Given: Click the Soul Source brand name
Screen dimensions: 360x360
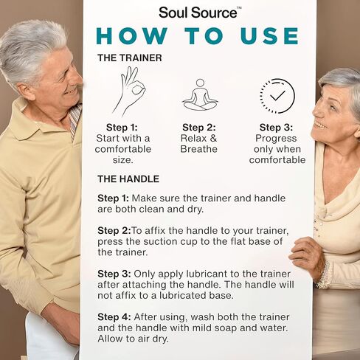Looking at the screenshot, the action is pyautogui.click(x=198, y=13).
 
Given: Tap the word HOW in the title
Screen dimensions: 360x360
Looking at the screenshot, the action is pyautogui.click(x=132, y=36).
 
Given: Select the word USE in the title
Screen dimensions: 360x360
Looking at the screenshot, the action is pyautogui.click(x=270, y=36).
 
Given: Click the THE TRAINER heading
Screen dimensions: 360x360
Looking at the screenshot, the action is pyautogui.click(x=130, y=58).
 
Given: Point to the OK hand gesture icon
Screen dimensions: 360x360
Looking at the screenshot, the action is pyautogui.click(x=129, y=91).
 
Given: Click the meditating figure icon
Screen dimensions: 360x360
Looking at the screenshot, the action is pyautogui.click(x=200, y=95).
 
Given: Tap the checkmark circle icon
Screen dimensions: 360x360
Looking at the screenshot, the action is pyautogui.click(x=277, y=96).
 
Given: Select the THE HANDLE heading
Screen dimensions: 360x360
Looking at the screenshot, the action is pyautogui.click(x=128, y=179).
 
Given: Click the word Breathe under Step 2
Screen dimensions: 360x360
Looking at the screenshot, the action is pyautogui.click(x=198, y=149).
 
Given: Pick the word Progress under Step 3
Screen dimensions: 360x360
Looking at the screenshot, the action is pyautogui.click(x=276, y=139).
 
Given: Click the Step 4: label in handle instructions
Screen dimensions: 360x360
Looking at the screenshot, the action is pyautogui.click(x=114, y=317).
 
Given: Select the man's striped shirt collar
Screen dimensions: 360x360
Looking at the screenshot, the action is pyautogui.click(x=75, y=121).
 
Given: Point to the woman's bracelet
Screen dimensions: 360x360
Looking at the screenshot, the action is pyautogui.click(x=323, y=274).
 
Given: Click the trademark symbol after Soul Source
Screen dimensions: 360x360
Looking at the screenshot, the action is pyautogui.click(x=239, y=9).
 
